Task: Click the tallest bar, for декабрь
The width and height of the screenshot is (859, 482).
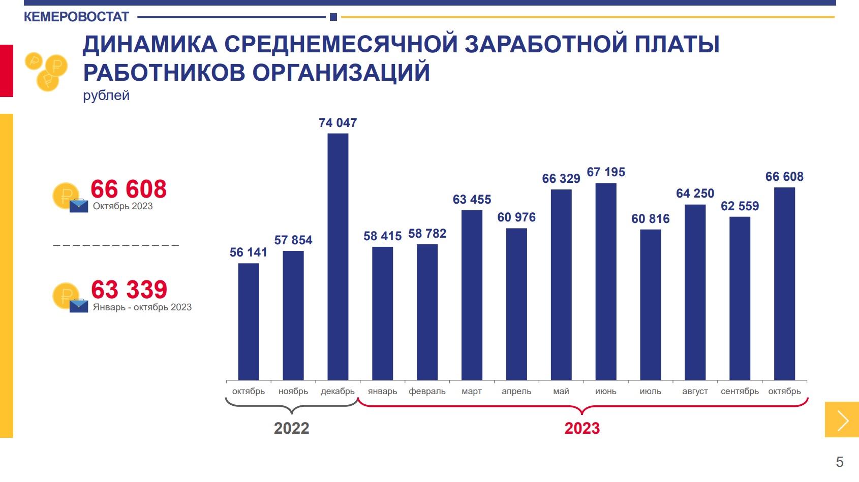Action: point(338,256)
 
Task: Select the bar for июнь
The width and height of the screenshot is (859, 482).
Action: point(606,281)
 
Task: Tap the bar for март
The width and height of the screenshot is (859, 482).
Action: point(472,296)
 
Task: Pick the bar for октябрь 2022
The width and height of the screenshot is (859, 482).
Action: point(249,322)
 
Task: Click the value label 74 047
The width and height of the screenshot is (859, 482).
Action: point(338,122)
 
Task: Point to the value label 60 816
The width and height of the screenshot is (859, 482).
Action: point(651,219)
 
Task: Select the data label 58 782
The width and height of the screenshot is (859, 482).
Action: point(427,233)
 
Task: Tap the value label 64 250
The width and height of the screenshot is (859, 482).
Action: point(695,193)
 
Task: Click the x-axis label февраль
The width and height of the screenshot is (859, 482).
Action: point(427,391)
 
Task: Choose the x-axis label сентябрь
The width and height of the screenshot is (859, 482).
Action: point(740,391)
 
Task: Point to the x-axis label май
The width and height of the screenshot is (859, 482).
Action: point(561,391)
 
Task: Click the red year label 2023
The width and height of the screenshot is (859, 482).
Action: point(582,428)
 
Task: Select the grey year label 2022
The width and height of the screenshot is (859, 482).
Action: point(291,428)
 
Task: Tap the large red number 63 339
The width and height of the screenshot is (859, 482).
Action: point(129,290)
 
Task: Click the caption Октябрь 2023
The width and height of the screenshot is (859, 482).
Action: point(122,206)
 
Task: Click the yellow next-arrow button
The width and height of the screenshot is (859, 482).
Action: point(842,420)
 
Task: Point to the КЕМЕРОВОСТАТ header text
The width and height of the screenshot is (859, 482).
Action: point(76,17)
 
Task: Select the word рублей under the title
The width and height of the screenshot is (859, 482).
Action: point(106,95)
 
